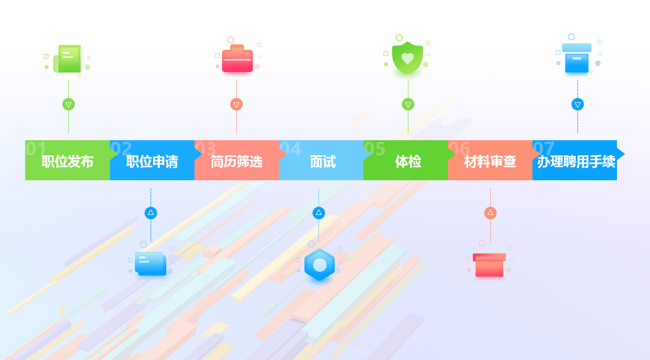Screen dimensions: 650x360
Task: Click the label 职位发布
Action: click(67, 161)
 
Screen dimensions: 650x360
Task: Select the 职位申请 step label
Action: click(152, 161)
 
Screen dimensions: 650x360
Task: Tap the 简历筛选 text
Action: click(237, 161)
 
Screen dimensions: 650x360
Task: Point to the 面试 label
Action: click(323, 161)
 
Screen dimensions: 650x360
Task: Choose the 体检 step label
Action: click(408, 161)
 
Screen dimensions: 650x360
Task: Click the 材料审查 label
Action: click(490, 161)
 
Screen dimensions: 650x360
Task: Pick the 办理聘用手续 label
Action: click(576, 161)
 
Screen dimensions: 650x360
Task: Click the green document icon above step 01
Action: click(67, 58)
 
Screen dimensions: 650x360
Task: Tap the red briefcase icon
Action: click(237, 58)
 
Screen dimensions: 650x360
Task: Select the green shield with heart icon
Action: click(407, 58)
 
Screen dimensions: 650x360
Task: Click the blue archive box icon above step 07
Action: click(577, 58)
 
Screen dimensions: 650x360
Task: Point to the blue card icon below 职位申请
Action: click(151, 264)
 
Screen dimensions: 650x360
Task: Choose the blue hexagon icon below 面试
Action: click(320, 265)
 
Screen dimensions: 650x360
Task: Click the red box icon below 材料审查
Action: click(489, 265)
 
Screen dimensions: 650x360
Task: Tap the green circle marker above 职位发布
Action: click(68, 104)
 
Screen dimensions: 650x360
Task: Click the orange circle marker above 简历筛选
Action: click(237, 104)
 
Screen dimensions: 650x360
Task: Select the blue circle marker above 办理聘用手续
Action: click(577, 104)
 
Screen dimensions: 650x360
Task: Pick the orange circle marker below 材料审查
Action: click(490, 213)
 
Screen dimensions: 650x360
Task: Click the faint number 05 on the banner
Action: click(374, 149)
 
